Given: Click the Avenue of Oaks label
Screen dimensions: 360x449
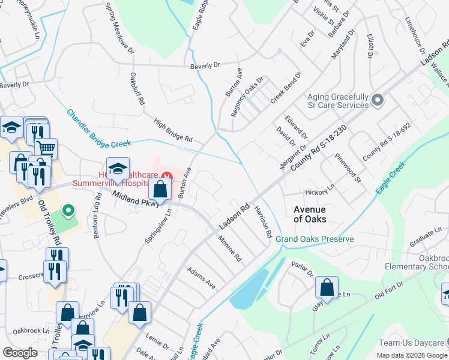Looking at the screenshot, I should (310, 214).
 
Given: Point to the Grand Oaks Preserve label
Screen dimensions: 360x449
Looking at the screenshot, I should (315, 239).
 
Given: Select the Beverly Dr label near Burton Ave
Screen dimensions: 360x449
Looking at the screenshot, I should (205, 65).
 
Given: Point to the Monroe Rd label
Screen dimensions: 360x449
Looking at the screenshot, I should (230, 250).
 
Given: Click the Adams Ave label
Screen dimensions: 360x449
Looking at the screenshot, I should (200, 278).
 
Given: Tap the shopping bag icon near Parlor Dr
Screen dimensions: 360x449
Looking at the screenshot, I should (327, 288).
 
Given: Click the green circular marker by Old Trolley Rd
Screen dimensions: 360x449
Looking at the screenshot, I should (69, 211).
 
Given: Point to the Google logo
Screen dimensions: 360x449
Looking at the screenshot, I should (20, 353).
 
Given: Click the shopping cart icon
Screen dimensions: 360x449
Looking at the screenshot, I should (46, 147).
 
